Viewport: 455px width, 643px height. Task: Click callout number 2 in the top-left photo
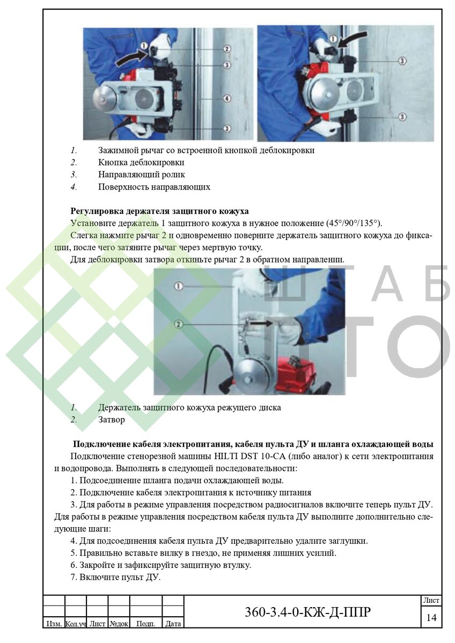227,48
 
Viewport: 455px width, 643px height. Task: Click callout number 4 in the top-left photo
227,99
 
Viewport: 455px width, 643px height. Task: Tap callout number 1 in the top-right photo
333,39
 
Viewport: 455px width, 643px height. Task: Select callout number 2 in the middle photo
179,324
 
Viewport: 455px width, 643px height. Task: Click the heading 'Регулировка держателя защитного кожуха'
159,211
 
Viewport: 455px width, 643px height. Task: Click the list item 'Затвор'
112,420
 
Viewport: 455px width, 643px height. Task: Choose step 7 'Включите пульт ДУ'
115,577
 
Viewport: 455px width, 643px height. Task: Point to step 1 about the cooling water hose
177,480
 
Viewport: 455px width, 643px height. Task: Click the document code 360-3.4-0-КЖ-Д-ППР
307,612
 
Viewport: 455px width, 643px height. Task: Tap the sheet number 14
431,618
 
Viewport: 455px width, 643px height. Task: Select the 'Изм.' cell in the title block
53,624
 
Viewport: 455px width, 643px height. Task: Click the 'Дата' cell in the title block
173,624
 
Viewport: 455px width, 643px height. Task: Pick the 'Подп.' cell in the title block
145,624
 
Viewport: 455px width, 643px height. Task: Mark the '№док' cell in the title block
119,624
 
